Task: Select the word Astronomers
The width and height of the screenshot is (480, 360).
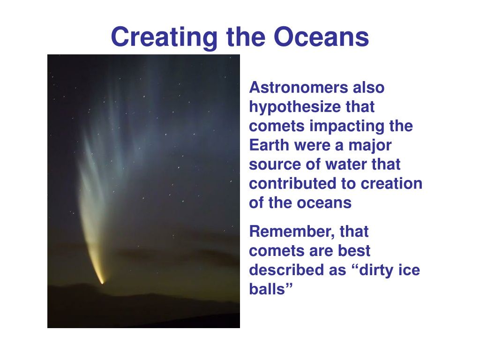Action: (299, 88)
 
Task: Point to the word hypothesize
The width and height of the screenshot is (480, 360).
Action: (295, 107)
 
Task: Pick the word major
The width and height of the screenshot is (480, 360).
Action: (370, 146)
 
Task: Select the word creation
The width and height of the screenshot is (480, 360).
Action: (391, 184)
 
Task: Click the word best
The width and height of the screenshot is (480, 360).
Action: (354, 251)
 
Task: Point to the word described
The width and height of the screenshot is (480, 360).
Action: (286, 270)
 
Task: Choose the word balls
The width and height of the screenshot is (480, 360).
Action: (267, 289)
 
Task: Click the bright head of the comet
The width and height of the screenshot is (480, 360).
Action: (102, 281)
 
